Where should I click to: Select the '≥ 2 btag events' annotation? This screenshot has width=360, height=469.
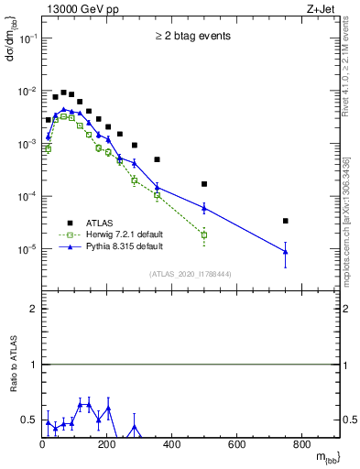191,37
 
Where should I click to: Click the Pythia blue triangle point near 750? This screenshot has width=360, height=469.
286,251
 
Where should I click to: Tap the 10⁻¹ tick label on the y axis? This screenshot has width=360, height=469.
27,38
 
